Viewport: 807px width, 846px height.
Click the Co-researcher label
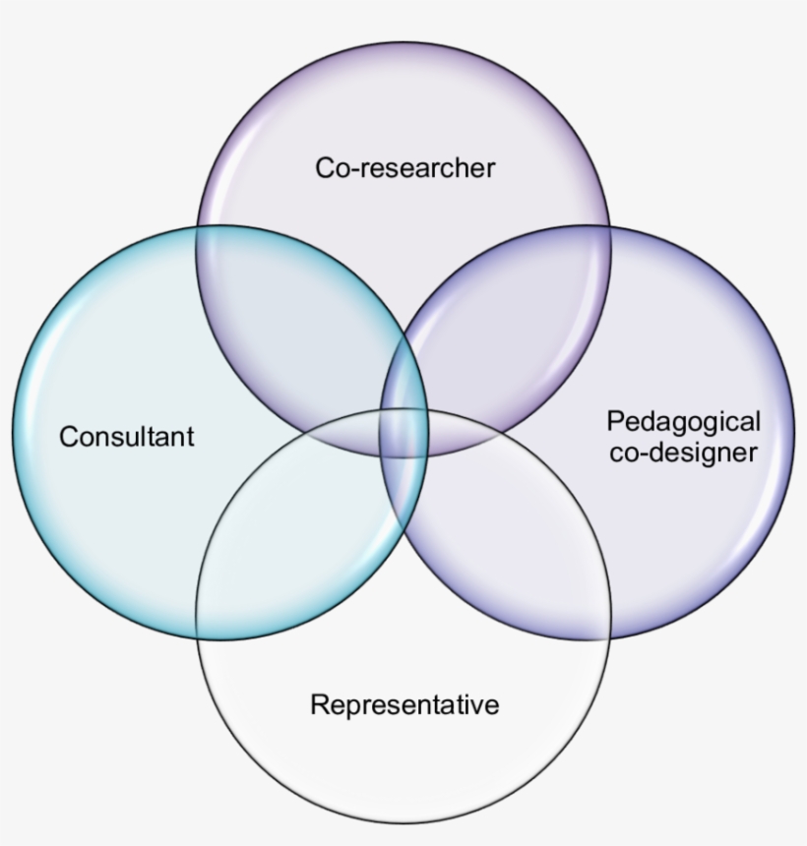click(404, 167)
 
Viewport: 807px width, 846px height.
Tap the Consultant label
click(127, 436)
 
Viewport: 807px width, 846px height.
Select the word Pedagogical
click(683, 422)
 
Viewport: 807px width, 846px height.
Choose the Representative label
click(404, 704)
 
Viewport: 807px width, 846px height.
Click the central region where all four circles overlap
click(404, 433)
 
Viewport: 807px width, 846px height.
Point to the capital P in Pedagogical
click(614, 422)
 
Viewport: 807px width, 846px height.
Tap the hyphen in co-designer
click(646, 453)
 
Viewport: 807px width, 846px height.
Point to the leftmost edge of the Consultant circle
click(14, 433)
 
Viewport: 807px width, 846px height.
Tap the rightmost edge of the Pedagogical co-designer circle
click(794, 433)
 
